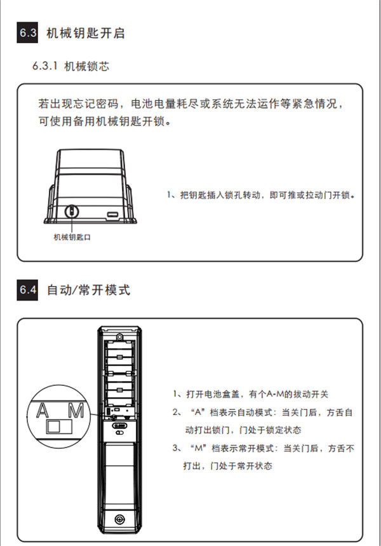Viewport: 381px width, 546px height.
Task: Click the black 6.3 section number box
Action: pos(27,32)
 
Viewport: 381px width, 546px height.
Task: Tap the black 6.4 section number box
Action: pos(27,290)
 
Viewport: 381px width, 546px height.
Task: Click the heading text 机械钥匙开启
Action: pos(86,33)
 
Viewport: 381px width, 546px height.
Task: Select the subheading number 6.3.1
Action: pos(45,66)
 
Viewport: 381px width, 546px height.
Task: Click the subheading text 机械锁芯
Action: pos(86,66)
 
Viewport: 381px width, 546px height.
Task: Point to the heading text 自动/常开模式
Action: pos(88,290)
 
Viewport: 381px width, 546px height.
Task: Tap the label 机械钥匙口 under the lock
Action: pos(72,237)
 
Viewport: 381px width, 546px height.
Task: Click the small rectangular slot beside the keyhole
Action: pos(113,214)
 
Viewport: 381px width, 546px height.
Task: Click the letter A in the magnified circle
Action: pos(43,410)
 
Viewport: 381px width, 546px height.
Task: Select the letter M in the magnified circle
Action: pos(76,410)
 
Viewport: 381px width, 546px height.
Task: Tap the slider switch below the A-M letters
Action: pos(59,427)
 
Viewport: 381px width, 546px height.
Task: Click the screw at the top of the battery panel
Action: pos(119,337)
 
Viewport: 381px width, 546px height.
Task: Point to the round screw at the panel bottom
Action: pos(119,520)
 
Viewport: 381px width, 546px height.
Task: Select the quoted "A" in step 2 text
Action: pos(198,413)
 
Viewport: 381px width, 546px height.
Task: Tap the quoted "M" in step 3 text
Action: pos(199,448)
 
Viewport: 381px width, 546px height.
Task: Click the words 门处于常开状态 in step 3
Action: pos(241,466)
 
